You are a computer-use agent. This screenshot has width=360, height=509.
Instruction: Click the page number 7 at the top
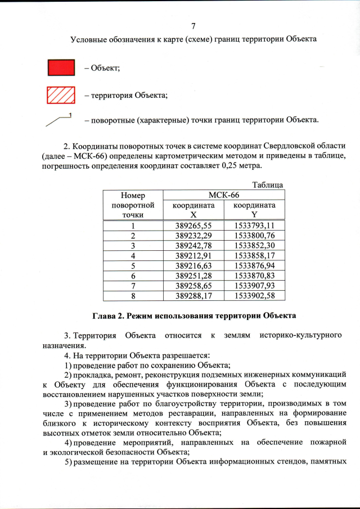click(x=193, y=26)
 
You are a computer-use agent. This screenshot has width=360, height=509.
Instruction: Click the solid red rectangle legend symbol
click(x=60, y=67)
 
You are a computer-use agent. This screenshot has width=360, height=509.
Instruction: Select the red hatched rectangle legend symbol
click(x=60, y=95)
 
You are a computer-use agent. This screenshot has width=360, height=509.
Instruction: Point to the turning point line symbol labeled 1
click(x=61, y=119)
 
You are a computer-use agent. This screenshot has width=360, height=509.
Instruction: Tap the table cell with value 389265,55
click(x=193, y=224)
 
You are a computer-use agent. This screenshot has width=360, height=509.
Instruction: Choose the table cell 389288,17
click(x=193, y=295)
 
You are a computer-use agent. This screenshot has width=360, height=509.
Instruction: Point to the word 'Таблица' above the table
click(x=267, y=184)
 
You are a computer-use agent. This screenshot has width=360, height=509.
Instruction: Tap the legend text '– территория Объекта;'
click(x=127, y=96)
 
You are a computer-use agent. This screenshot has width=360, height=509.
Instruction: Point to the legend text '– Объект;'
click(x=102, y=68)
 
